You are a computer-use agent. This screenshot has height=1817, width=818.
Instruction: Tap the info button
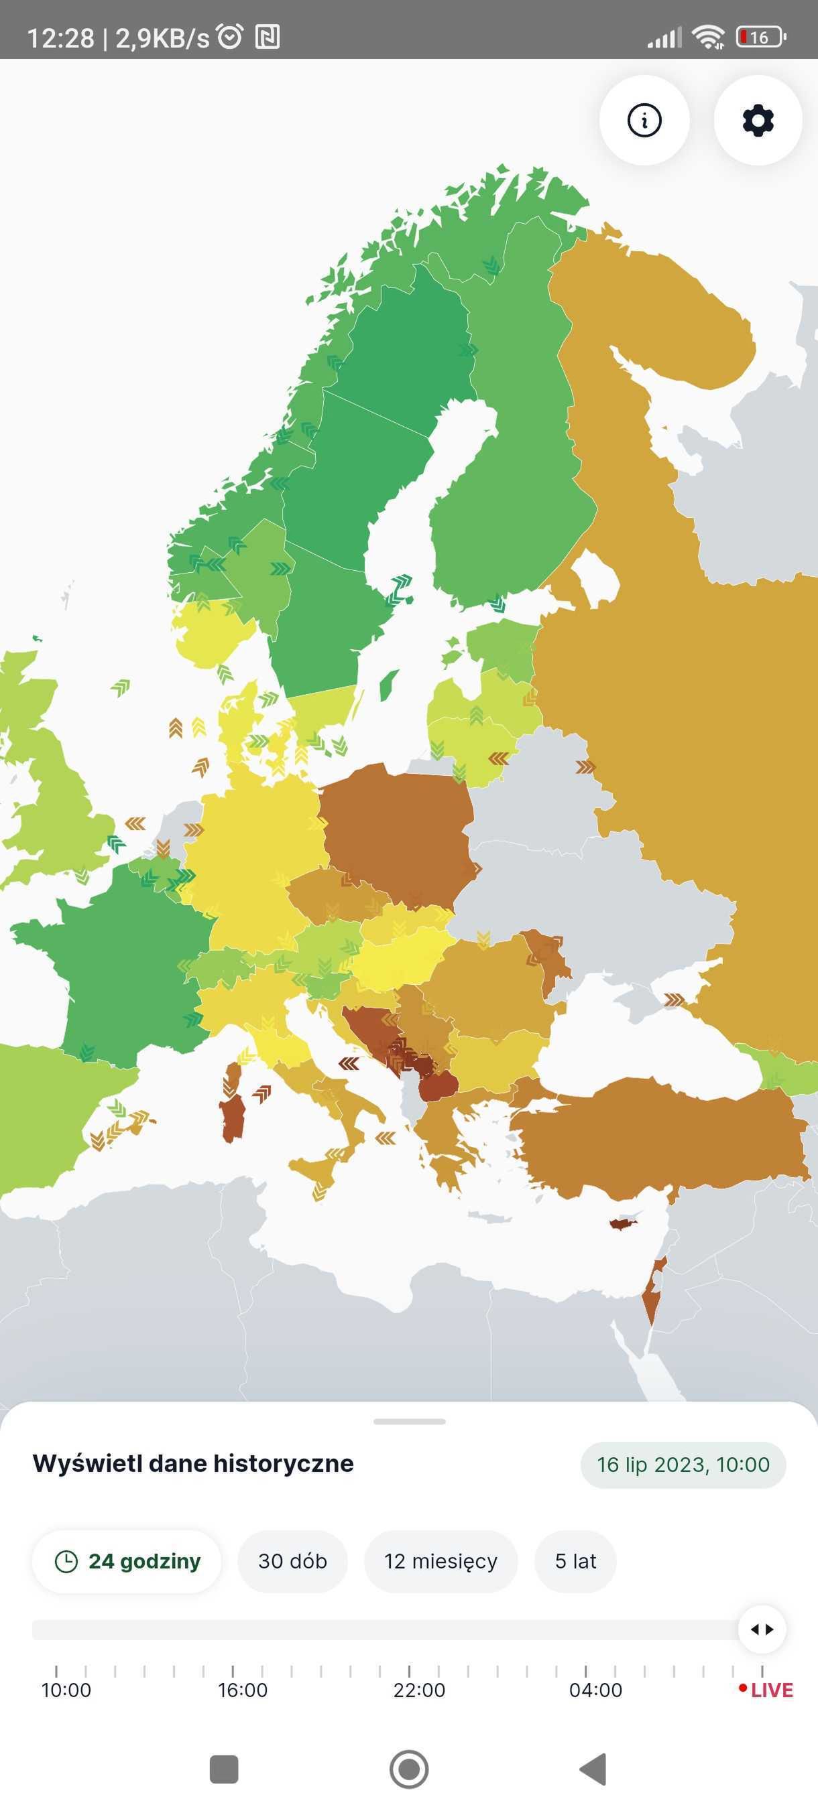pos(644,120)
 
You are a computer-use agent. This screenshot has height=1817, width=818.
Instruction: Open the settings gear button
pos(757,120)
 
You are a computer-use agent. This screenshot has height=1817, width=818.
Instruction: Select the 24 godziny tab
pos(127,1561)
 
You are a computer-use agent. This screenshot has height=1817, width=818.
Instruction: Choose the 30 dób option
pos(292,1561)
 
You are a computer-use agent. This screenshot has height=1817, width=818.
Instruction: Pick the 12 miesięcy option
pos(441,1561)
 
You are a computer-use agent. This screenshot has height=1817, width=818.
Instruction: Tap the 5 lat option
pos(575,1561)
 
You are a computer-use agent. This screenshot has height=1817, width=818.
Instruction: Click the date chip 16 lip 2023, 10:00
pos(683,1465)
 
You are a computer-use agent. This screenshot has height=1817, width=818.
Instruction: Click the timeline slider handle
pos(762,1629)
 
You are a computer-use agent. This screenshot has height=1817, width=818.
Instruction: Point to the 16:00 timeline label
pos(242,1690)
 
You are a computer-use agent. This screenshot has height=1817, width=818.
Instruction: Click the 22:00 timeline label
pos(419,1690)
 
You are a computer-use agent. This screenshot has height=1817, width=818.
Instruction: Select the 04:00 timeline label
pos(595,1690)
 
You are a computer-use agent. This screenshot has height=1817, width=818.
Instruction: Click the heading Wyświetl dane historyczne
pos(192,1464)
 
